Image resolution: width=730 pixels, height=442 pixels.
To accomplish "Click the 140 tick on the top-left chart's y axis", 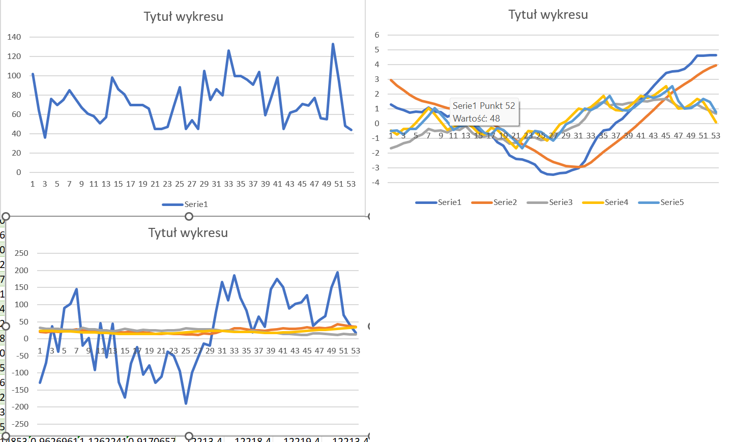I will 14,37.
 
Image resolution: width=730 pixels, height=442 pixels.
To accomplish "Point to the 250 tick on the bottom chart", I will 21,253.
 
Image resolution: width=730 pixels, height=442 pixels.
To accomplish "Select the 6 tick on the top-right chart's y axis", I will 377,35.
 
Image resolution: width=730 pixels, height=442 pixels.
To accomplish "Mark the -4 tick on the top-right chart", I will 375,183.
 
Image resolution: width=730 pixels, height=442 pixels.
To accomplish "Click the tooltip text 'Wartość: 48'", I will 476,119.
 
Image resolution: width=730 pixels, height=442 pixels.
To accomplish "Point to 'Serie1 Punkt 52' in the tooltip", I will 484,106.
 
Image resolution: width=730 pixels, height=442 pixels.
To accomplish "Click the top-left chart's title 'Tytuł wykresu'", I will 183,17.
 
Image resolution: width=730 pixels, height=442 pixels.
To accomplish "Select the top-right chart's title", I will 548,15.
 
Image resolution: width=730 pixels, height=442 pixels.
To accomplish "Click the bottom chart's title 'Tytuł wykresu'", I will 188,233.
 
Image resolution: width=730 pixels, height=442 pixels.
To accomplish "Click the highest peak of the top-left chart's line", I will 333,44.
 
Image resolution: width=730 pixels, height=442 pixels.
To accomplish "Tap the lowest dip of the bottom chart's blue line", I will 186,403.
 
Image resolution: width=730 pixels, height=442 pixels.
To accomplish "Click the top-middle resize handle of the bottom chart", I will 189,216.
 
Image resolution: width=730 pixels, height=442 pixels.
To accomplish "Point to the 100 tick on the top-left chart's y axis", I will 14,76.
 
